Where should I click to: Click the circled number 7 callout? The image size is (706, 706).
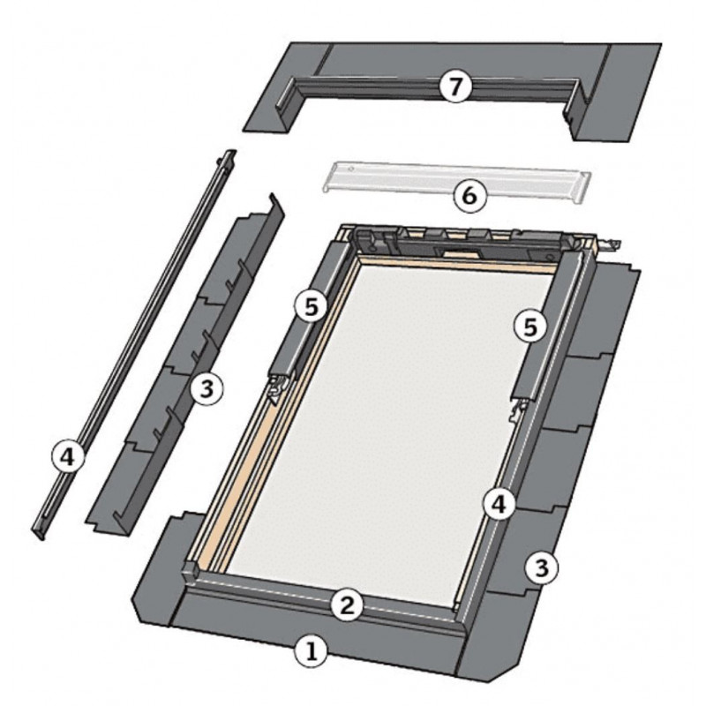[455, 86]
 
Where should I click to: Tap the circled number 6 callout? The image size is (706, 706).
[469, 196]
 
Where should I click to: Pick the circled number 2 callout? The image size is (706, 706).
[347, 605]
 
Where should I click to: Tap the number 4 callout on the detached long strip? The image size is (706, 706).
[68, 457]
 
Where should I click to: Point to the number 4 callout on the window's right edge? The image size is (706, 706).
[499, 504]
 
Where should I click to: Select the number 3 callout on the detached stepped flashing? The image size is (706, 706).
[207, 388]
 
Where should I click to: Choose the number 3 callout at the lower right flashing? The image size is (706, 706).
[541, 567]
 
